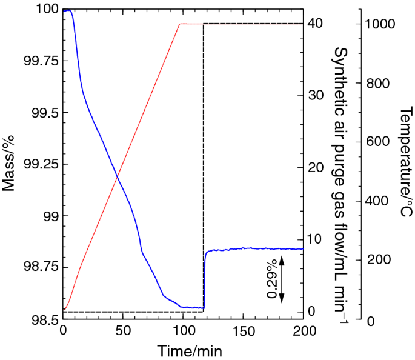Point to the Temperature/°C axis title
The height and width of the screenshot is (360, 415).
coord(407,162)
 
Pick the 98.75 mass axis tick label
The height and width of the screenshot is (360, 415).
coord(41,267)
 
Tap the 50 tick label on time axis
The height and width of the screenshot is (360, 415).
coord(123,330)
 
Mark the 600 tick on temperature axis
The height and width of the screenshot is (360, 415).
coord(376,142)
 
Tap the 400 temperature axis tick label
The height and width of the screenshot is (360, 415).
coord(376,201)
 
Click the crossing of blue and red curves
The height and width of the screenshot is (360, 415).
coord(117,176)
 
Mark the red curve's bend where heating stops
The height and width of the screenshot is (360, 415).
coord(180,24)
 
